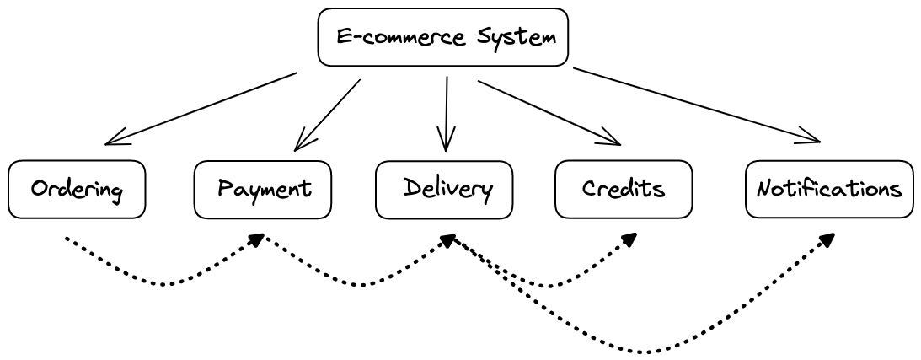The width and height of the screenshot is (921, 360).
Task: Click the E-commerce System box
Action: (442, 37)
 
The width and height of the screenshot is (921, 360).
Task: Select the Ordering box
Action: (77, 189)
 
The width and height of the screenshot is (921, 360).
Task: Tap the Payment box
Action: (263, 189)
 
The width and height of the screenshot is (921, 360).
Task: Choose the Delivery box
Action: (444, 189)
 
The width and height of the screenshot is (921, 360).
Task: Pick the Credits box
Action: (624, 189)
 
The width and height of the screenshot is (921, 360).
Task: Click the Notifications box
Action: (829, 189)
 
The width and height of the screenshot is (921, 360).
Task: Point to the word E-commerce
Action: (388, 38)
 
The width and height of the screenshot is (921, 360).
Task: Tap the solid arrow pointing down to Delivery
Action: (446, 114)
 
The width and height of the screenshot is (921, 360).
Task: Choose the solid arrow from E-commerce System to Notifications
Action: (695, 105)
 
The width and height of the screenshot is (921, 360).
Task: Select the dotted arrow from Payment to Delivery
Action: (362, 283)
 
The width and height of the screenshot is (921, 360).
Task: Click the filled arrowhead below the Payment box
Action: (258, 241)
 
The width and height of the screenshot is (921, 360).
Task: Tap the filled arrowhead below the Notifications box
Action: (827, 239)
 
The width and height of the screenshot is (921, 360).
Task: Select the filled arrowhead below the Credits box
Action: (629, 239)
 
